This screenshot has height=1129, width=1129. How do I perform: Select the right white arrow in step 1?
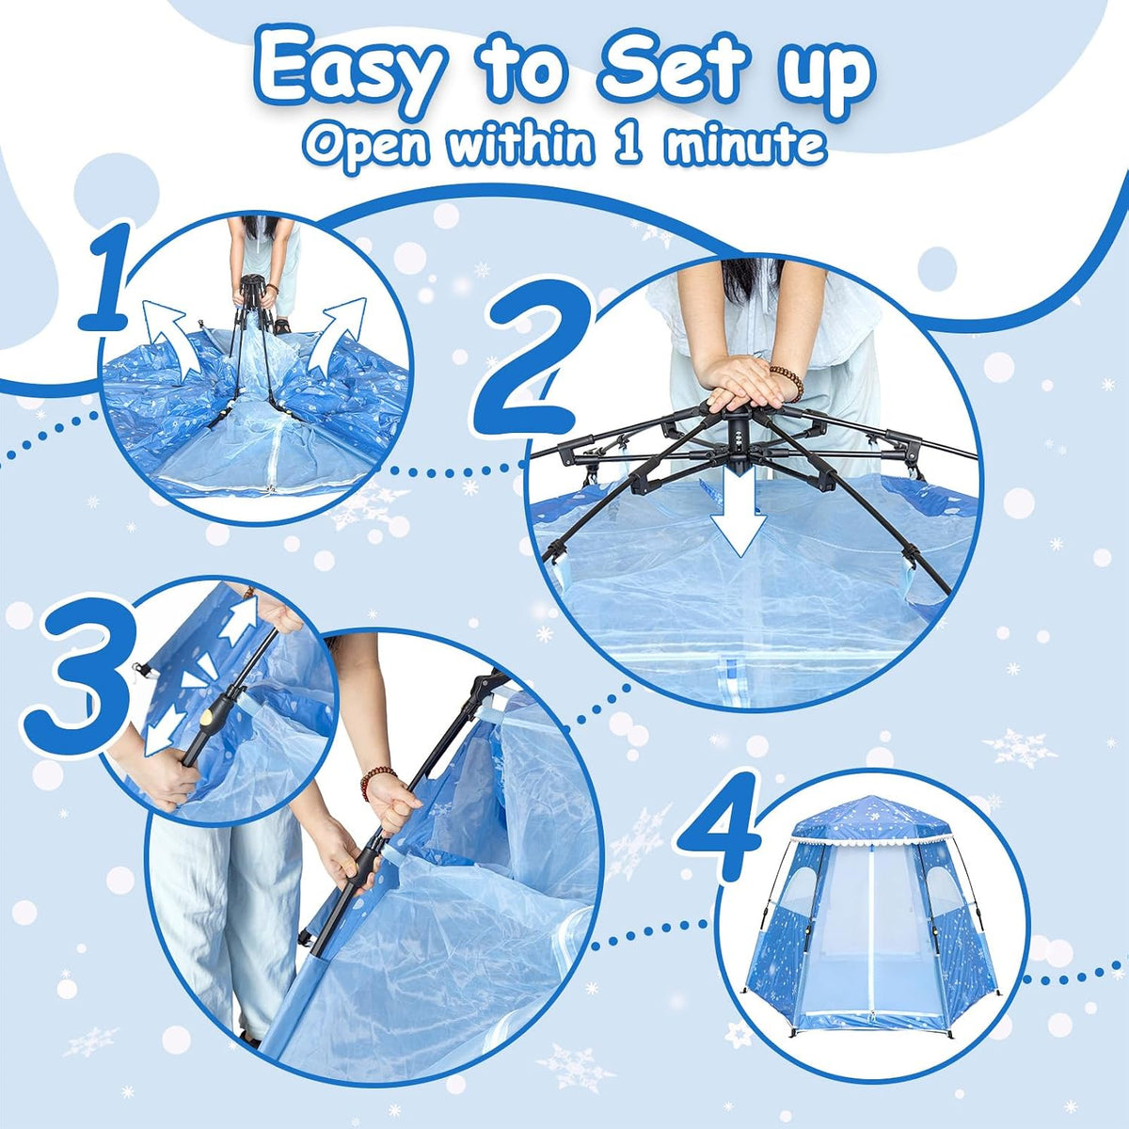tap(338, 337)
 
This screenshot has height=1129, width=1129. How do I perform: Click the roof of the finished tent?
tap(870, 819)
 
